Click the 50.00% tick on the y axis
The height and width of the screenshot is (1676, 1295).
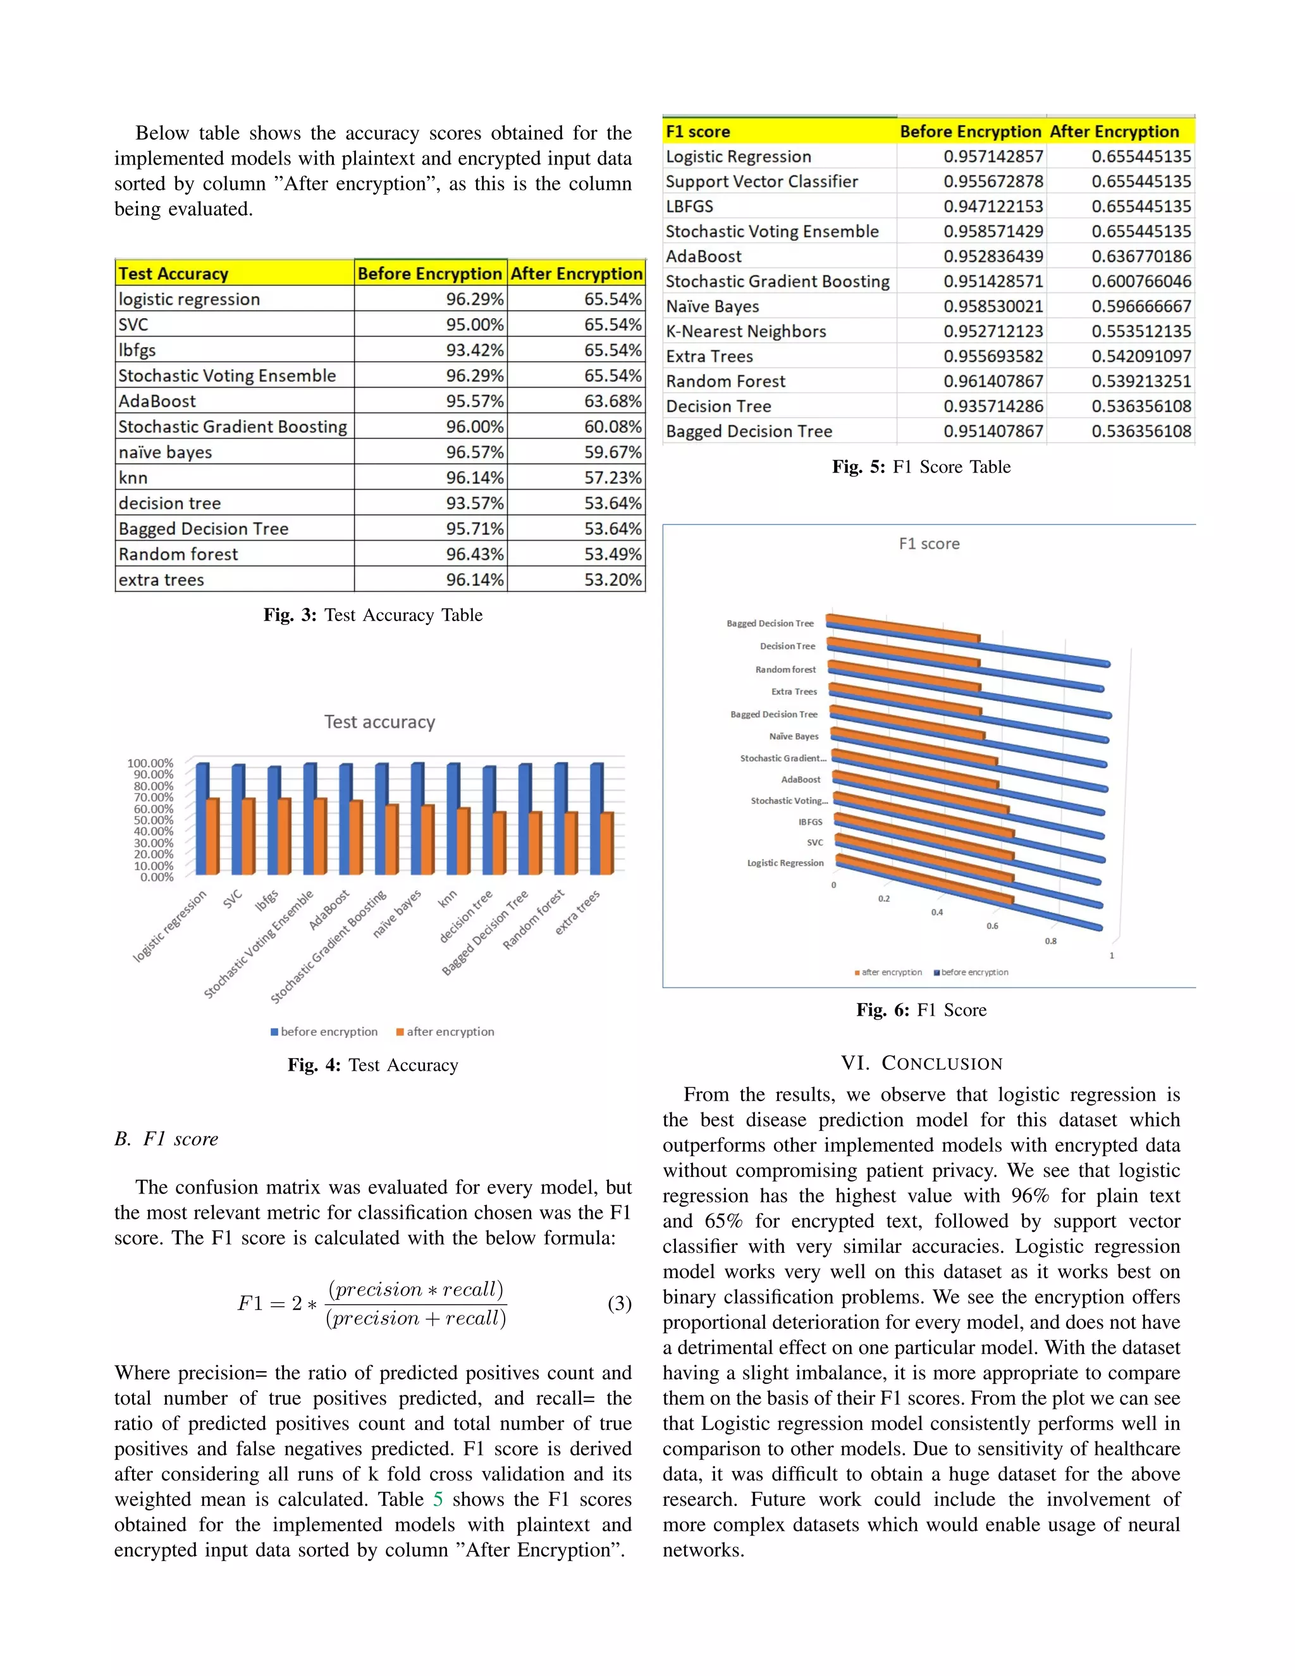(x=154, y=820)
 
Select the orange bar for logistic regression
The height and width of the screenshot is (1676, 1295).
(x=212, y=837)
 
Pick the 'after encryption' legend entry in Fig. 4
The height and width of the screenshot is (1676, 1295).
(x=445, y=1032)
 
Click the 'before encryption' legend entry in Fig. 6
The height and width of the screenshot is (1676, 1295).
(x=971, y=972)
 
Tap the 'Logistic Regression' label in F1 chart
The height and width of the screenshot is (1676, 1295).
(x=785, y=863)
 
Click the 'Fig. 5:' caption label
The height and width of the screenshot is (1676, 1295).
(x=859, y=467)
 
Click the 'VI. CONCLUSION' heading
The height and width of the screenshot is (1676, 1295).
(x=921, y=1063)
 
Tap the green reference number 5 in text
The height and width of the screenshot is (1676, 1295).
(x=438, y=1499)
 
